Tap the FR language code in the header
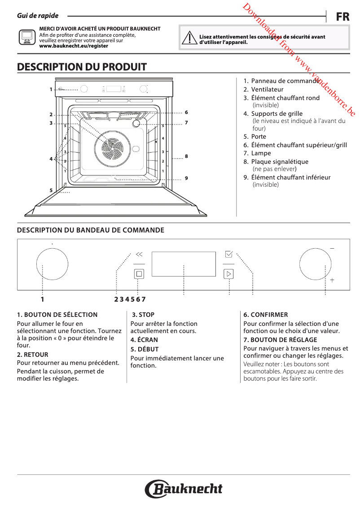click(x=342, y=17)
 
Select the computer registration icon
click(x=26, y=36)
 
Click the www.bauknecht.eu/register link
click(x=74, y=46)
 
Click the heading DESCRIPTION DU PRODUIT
click(x=82, y=67)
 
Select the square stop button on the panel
click(x=139, y=273)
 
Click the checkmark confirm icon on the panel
click(x=228, y=254)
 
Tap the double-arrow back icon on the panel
click(x=139, y=254)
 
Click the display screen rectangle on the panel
click(x=184, y=264)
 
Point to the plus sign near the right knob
click(x=332, y=280)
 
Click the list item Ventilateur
click(x=267, y=89)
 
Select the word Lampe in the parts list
click(x=261, y=153)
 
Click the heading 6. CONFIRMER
click(x=266, y=315)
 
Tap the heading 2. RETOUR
click(x=32, y=355)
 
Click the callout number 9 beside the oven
click(x=186, y=178)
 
